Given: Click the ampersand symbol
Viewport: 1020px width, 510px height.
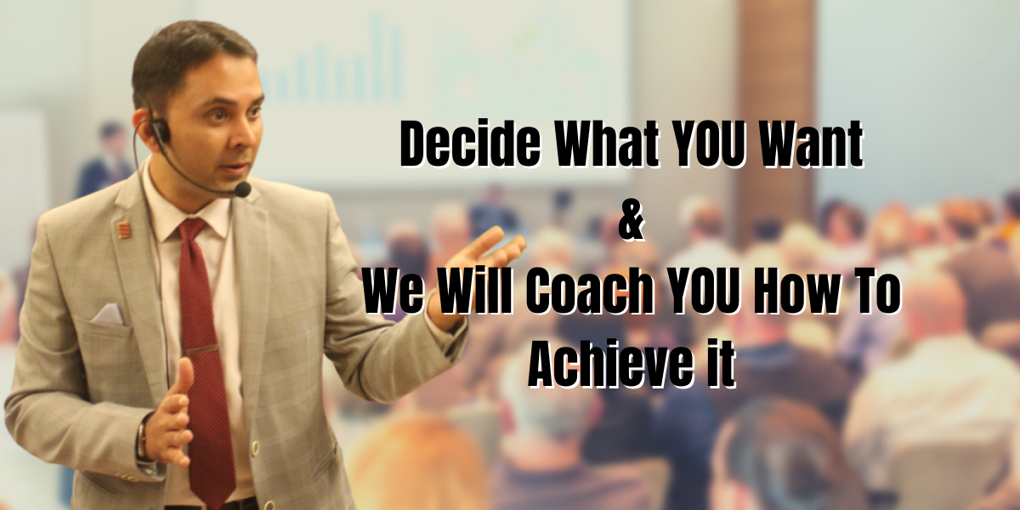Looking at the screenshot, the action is coord(632,223).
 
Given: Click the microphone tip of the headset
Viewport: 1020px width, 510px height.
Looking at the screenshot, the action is coord(243,189).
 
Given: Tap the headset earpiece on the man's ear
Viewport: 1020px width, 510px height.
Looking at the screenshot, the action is coord(160,130).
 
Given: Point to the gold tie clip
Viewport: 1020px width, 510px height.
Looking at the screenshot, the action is coord(202,350).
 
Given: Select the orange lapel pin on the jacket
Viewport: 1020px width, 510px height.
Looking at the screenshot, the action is coord(124,229).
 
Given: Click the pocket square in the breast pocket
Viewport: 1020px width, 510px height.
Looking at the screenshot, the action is coord(107,314).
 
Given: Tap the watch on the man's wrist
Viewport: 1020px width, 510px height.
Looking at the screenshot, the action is coord(143,439).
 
